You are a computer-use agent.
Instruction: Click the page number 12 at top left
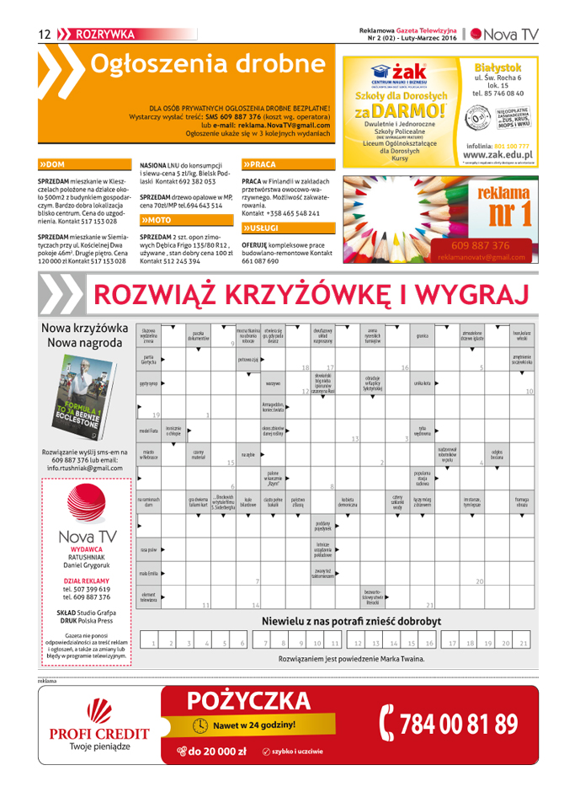click(45, 34)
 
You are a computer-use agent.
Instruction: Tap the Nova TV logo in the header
click(503, 34)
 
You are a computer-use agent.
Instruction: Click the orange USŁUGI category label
click(263, 227)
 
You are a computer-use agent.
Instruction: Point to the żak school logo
click(399, 75)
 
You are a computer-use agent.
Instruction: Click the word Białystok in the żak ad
click(497, 67)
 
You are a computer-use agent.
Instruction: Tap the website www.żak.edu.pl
click(497, 155)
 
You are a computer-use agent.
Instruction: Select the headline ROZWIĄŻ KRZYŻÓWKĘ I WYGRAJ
click(311, 294)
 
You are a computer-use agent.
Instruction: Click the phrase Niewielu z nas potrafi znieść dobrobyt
click(351, 622)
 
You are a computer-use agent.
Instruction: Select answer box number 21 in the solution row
click(524, 643)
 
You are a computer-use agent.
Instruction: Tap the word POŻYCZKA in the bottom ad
click(249, 700)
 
